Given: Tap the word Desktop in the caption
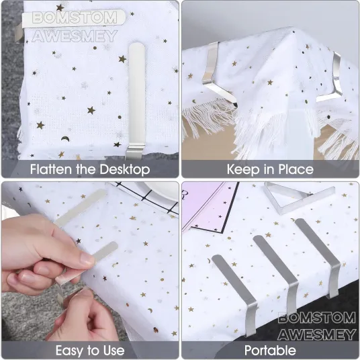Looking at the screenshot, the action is (125, 170).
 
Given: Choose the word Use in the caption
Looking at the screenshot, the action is (114, 351).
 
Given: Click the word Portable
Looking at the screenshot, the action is (270, 351).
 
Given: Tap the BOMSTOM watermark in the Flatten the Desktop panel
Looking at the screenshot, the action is (75, 17).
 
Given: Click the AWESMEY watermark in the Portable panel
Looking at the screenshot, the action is (317, 334).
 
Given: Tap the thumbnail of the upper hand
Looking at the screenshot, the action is (88, 259).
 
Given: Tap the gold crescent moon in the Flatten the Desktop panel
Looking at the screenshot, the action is (65, 138).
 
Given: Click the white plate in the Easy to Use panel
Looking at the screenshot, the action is (161, 191).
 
